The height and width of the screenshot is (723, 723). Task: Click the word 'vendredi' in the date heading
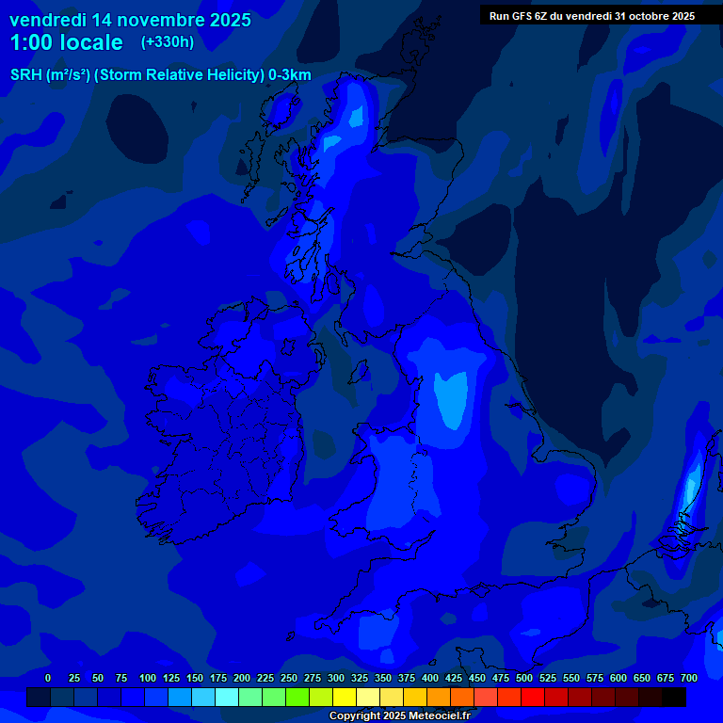click(x=48, y=20)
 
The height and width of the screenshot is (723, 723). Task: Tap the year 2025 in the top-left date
click(x=229, y=20)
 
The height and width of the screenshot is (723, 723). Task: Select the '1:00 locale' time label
click(x=67, y=42)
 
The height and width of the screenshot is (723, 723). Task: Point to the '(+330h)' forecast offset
click(x=168, y=42)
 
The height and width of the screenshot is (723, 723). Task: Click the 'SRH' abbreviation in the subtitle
click(x=26, y=75)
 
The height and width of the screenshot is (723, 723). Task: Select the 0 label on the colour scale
click(x=48, y=678)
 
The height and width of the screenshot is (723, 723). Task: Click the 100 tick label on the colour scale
click(x=148, y=678)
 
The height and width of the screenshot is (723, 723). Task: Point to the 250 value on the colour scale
click(x=289, y=678)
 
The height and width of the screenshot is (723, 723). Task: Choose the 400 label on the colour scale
click(x=430, y=678)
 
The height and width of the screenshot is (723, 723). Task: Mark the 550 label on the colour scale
click(x=571, y=678)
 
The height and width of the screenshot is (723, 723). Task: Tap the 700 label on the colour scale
click(x=689, y=678)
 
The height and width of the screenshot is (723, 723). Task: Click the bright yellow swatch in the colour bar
click(x=345, y=697)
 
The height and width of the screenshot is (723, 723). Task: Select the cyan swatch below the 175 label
click(x=227, y=697)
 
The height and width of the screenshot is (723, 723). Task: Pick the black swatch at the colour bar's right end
click(x=674, y=697)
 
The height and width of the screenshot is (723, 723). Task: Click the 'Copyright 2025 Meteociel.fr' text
click(x=398, y=715)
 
